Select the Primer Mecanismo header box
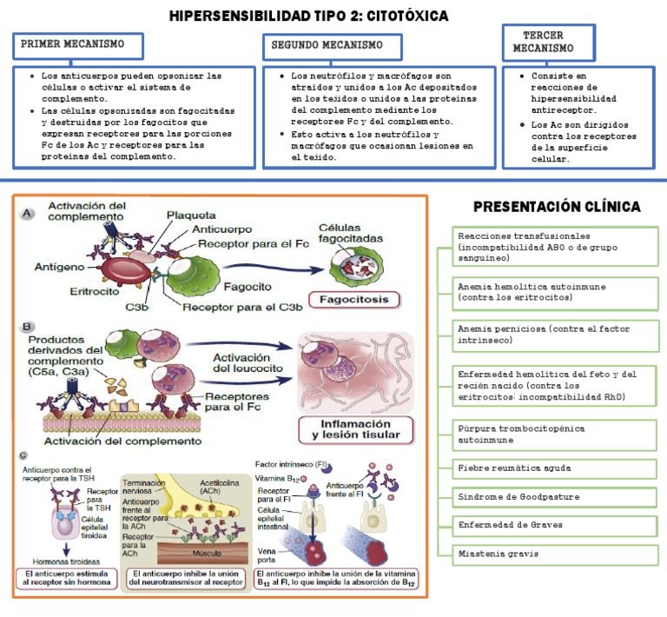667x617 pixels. click(x=77, y=44)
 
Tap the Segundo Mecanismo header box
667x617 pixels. click(x=332, y=45)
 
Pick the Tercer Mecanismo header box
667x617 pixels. click(x=548, y=42)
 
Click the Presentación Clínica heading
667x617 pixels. click(x=557, y=207)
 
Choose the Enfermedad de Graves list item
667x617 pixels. click(x=557, y=525)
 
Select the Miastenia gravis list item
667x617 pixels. click(x=557, y=553)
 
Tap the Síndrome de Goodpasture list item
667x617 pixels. click(x=557, y=496)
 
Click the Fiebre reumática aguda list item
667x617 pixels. click(x=557, y=468)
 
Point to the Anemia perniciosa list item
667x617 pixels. click(x=557, y=335)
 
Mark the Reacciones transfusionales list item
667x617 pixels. click(x=557, y=247)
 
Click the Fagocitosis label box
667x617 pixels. click(x=359, y=300)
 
